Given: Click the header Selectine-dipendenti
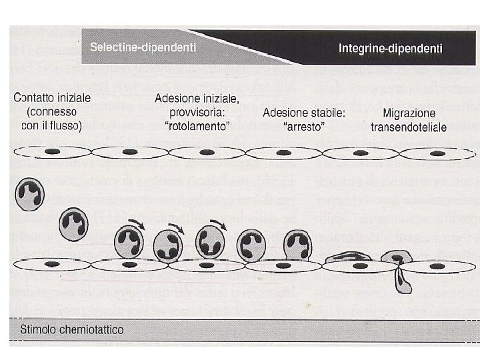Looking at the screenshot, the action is (143, 48).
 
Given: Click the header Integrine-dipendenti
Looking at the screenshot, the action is (391, 48).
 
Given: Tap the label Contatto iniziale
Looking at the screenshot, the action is (53, 97).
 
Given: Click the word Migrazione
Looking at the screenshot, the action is (409, 113).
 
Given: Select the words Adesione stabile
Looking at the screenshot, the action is (304, 113).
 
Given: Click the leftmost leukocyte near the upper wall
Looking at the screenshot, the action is (29, 194).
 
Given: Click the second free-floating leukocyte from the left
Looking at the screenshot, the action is (73, 225).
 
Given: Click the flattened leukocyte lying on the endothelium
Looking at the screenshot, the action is (347, 257).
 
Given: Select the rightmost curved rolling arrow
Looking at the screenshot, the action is (219, 224).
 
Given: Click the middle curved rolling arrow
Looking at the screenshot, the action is (179, 227).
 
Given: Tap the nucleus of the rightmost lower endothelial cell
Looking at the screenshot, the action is (437, 267).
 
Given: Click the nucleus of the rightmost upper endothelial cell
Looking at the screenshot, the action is (437, 153).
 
